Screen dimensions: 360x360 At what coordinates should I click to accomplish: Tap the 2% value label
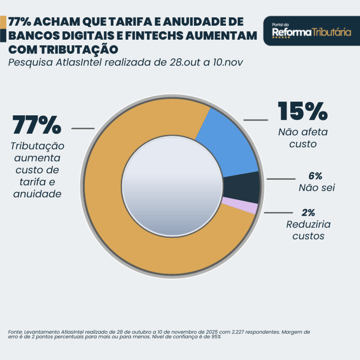pyautogui.click(x=308, y=213)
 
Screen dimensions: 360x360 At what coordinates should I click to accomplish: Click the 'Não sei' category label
pyautogui.click(x=316, y=188)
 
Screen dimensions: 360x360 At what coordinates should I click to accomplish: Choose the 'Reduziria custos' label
pyautogui.click(x=308, y=230)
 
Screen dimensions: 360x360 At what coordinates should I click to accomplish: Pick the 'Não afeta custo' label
pyautogui.click(x=303, y=138)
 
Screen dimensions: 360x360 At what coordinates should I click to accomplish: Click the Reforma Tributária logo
pyautogui.click(x=311, y=31)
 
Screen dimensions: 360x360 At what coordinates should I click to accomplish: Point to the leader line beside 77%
pyautogui.click(x=83, y=128)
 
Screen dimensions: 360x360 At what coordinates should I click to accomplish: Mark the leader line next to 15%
pyautogui.click(x=255, y=120)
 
